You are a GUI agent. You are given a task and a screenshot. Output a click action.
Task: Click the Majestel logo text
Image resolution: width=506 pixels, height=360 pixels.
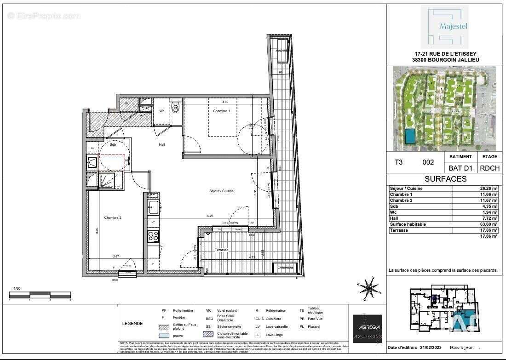454,26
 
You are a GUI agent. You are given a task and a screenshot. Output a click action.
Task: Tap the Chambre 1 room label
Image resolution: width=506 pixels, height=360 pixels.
221,111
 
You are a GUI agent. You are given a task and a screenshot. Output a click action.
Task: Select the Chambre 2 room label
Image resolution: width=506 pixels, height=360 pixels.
112,217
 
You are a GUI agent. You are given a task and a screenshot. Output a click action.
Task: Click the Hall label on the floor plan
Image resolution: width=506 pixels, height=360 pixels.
161,144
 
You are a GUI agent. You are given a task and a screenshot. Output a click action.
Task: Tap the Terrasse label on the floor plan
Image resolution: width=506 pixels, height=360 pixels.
222,250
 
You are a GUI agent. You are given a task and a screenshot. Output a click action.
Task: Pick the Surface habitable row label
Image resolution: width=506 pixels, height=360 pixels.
408,224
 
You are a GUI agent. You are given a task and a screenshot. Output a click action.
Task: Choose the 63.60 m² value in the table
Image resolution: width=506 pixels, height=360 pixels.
489,224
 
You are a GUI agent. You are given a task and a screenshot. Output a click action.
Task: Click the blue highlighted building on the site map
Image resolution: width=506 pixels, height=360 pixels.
408,136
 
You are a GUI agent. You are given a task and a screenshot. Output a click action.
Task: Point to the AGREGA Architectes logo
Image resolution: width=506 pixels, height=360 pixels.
367,329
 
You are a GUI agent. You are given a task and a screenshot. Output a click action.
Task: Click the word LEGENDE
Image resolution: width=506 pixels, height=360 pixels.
132,324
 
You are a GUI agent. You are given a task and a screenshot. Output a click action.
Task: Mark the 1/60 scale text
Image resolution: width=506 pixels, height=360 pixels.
17,288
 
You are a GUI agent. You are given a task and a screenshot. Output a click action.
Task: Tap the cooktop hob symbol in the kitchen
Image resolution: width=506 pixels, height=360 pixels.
153,236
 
